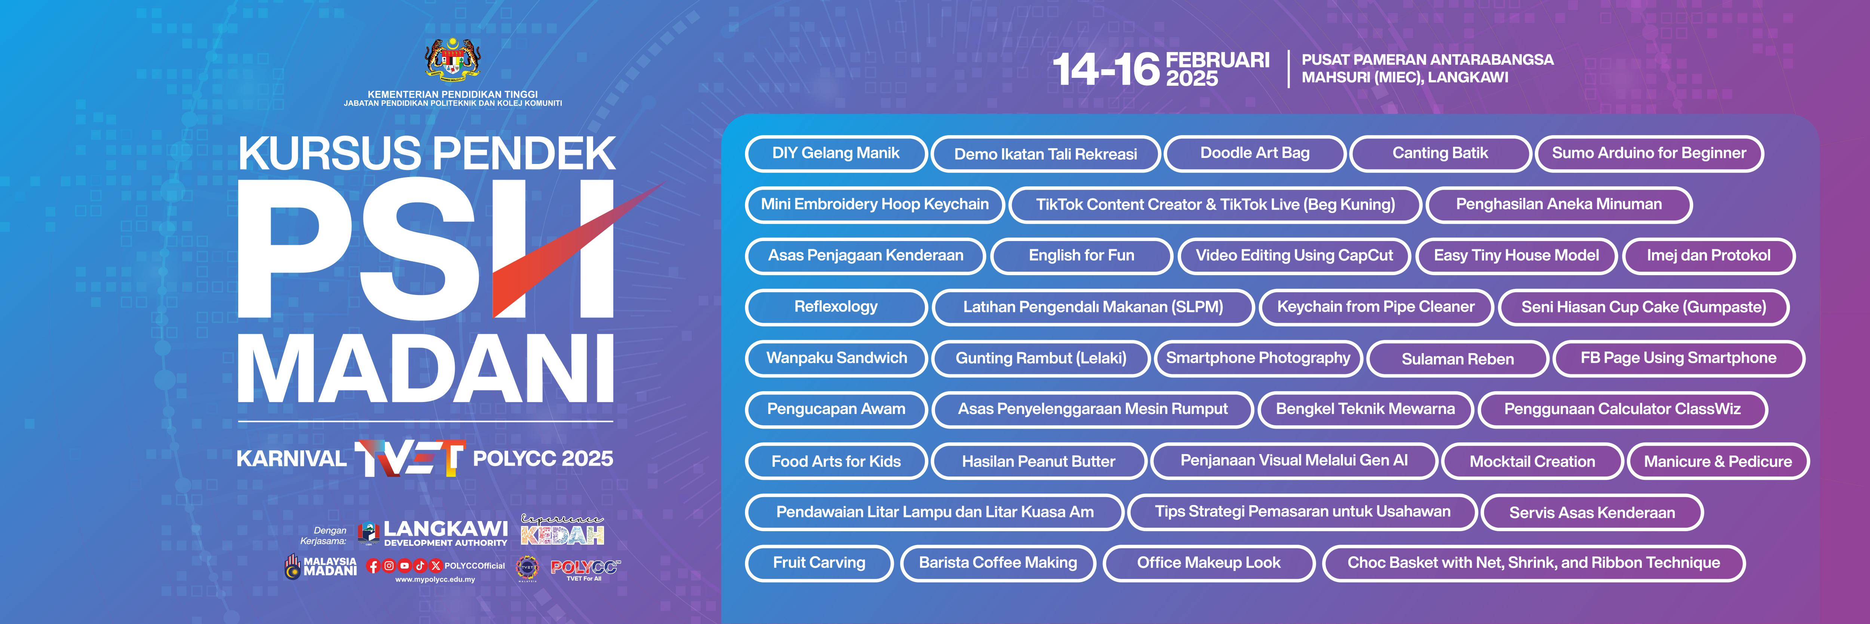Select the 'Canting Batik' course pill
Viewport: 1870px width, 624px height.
coord(1440,153)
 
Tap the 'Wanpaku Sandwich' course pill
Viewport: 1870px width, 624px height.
coord(836,358)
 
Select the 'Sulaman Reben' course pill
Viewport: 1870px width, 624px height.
coord(1458,359)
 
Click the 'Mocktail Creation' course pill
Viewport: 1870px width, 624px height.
coord(1532,461)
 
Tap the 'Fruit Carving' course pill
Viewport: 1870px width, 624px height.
coord(819,563)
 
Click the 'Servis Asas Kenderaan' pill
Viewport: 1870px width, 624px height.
coord(1592,512)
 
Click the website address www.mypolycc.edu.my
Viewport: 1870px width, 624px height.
coord(435,580)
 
